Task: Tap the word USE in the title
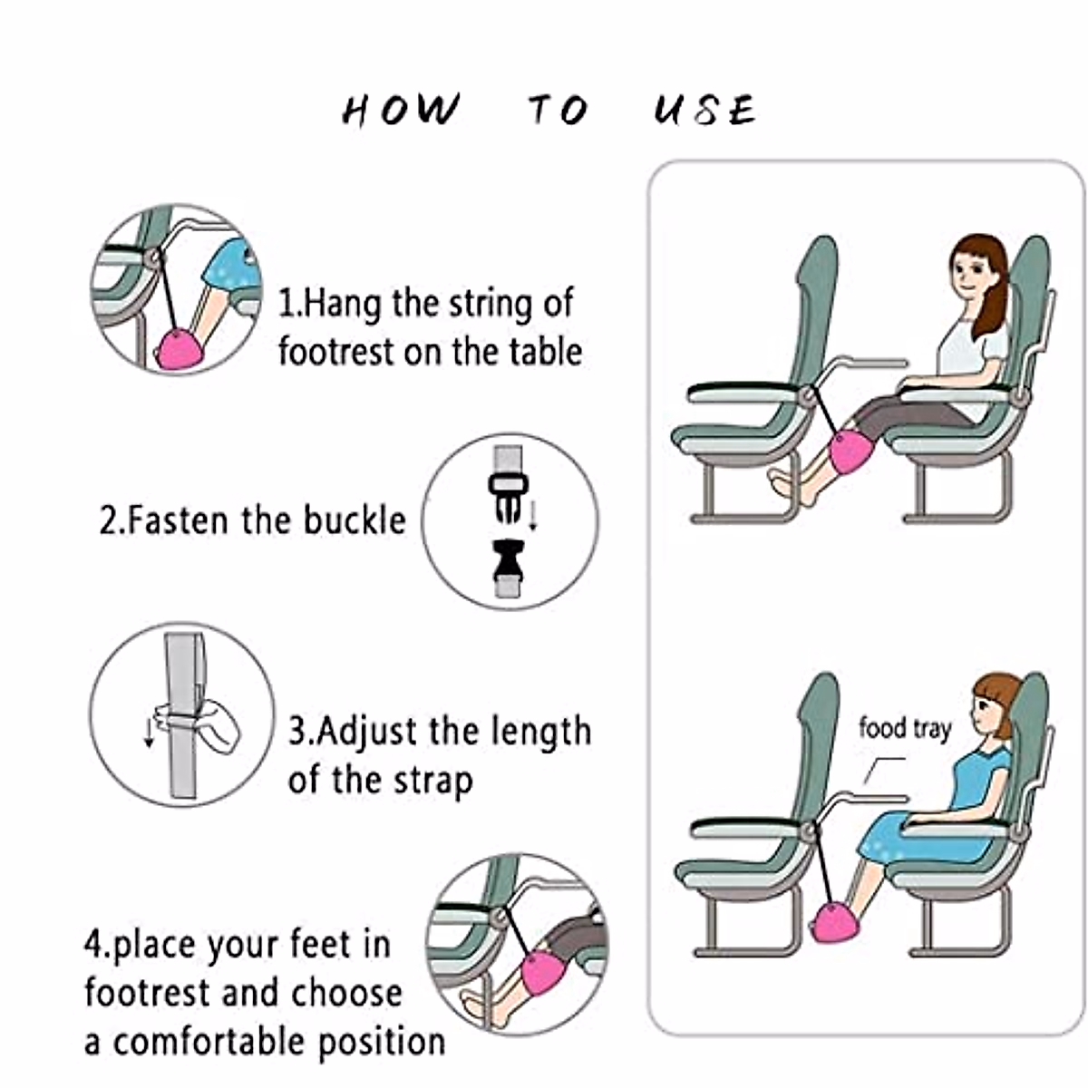704,110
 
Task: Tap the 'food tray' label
905,728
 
